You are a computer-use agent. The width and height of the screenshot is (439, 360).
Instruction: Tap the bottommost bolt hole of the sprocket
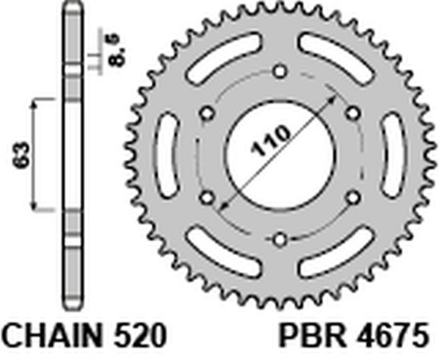point(280,238)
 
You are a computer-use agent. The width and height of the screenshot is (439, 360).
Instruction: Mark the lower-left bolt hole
point(208,196)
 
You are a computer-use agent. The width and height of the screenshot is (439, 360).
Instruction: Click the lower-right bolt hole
point(352,196)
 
